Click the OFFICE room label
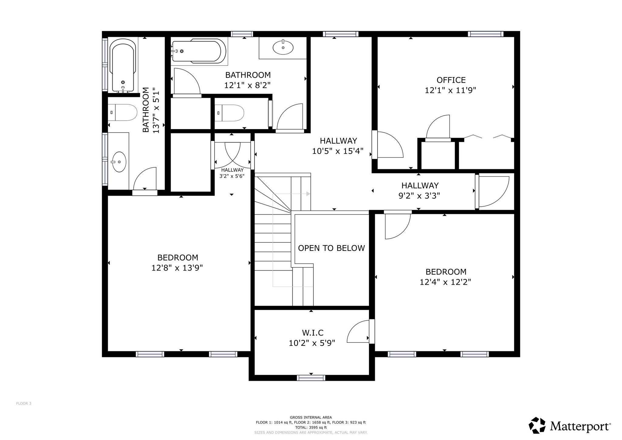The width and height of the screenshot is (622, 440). (451, 80)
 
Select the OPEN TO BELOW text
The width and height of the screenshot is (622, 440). (331, 248)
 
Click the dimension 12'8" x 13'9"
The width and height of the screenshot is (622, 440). (177, 268)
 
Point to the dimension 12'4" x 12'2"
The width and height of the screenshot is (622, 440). (445, 282)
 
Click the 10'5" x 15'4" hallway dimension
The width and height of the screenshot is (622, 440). (338, 151)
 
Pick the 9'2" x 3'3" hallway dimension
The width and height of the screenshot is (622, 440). (419, 196)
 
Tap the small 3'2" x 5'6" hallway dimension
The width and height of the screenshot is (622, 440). (232, 176)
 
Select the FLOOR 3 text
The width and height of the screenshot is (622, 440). (24, 404)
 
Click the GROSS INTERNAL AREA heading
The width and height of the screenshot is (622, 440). (311, 418)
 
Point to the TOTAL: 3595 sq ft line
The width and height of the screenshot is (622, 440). (311, 427)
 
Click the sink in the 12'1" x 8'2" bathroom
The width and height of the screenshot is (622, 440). (283, 47)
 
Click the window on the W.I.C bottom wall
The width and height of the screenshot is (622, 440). (311, 378)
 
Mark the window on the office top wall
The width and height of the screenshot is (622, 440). (486, 34)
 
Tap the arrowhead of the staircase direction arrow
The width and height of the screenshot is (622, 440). (308, 194)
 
